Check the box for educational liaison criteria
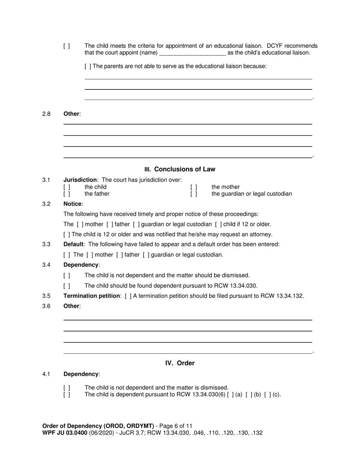(x=67, y=46)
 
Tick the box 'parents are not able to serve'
(x=88, y=66)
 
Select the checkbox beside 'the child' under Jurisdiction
(x=67, y=187)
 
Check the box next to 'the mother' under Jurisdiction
(x=194, y=187)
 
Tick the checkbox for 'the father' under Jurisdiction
(x=67, y=194)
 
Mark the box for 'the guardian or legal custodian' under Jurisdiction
(x=194, y=194)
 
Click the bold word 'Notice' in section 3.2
(x=72, y=204)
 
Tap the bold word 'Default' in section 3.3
(x=73, y=244)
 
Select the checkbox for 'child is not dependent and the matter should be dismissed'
(x=67, y=275)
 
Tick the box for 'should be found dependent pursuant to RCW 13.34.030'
(x=67, y=286)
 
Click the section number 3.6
(x=46, y=306)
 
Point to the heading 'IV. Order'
(x=180, y=363)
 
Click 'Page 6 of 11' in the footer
(x=175, y=426)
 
